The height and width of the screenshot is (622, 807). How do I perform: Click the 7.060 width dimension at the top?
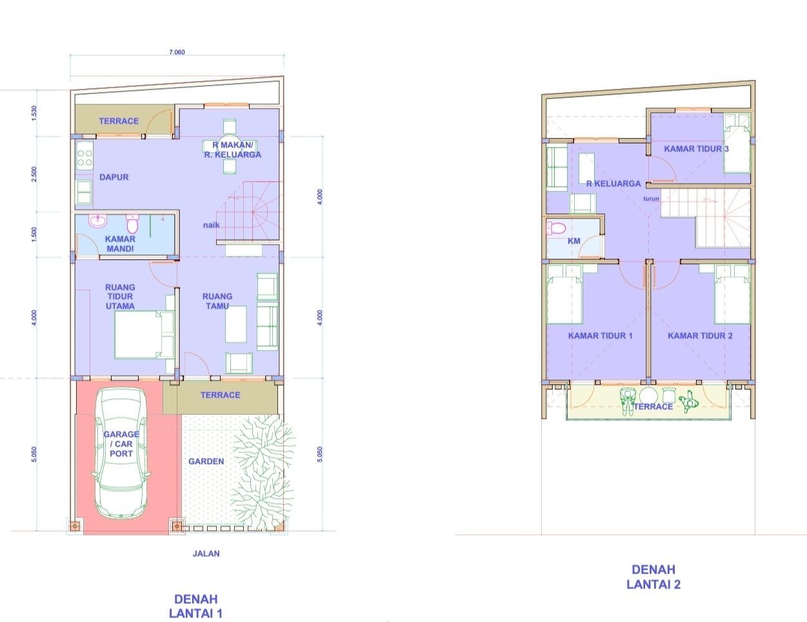[x=177, y=52]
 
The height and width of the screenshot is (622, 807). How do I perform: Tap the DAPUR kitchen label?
[x=114, y=177]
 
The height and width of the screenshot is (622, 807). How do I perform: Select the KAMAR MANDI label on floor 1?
[x=120, y=244]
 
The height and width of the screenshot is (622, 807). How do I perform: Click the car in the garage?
[x=121, y=453]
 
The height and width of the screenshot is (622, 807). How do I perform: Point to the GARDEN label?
[x=206, y=462]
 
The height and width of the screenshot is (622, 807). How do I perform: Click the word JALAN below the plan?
[x=206, y=554]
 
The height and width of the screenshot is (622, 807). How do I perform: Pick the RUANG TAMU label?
[x=217, y=301]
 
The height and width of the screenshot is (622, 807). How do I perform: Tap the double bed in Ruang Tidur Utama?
[x=144, y=335]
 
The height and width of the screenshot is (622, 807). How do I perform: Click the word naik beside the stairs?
[x=211, y=225]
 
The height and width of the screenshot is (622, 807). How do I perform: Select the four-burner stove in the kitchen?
[x=85, y=158]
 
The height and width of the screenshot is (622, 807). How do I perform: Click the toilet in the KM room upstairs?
[x=555, y=228]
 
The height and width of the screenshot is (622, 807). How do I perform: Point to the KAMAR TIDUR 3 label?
[x=696, y=149]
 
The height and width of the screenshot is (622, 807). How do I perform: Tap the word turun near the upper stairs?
[x=651, y=199]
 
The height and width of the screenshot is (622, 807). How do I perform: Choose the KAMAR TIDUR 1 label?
[x=600, y=336]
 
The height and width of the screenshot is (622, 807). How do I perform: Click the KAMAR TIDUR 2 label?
[x=700, y=336]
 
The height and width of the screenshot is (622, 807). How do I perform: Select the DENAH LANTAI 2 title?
[x=653, y=577]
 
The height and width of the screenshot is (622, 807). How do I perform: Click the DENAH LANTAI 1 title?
[x=195, y=606]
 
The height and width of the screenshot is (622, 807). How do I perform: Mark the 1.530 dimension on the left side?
[x=34, y=113]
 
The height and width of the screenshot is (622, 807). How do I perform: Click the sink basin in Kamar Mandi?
[x=97, y=220]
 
